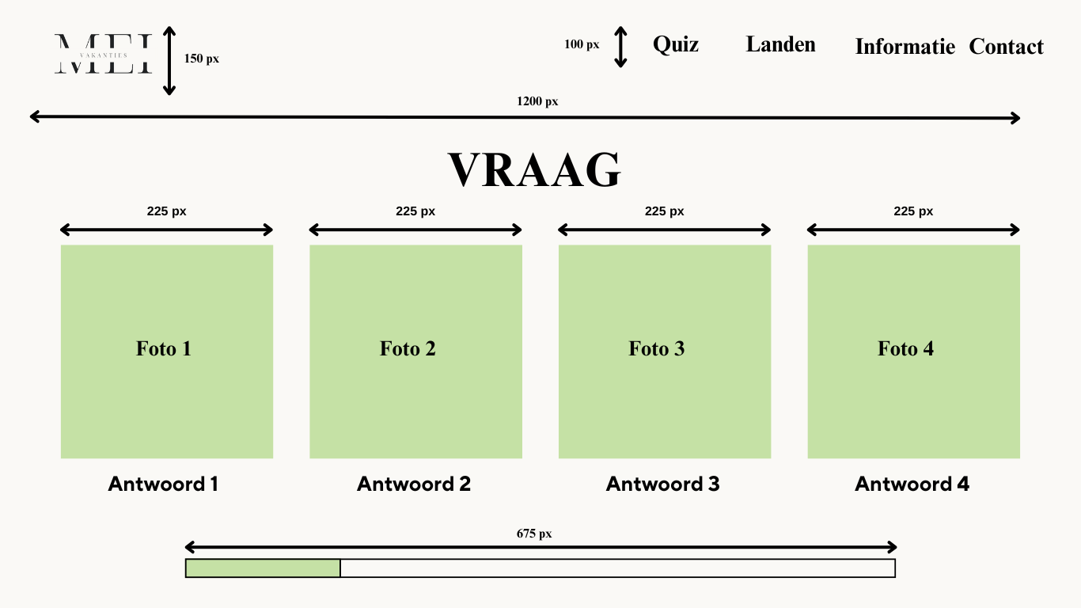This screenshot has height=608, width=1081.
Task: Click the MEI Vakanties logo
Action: pyautogui.click(x=103, y=55)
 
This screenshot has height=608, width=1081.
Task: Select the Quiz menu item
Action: pyautogui.click(x=675, y=44)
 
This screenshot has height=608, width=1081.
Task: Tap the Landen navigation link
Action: pyautogui.click(x=780, y=44)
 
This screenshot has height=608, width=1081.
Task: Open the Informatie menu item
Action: pyautogui.click(x=905, y=47)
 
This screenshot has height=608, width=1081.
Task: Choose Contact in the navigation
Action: pyautogui.click(x=1006, y=47)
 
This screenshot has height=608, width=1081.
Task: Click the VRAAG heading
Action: pyautogui.click(x=535, y=170)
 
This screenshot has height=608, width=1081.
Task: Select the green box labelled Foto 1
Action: pyautogui.click(x=167, y=351)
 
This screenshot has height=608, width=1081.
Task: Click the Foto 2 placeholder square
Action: pyautogui.click(x=415, y=351)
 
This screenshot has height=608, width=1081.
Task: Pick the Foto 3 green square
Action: pyautogui.click(x=665, y=351)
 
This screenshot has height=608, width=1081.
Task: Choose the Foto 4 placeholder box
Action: pyautogui.click(x=913, y=351)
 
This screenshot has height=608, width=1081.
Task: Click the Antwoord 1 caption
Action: pyautogui.click(x=163, y=484)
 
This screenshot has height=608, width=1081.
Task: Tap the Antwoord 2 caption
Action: pyautogui.click(x=414, y=484)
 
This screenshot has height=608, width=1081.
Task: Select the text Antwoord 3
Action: pyautogui.click(x=663, y=484)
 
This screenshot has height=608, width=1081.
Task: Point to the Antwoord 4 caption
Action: pyautogui.click(x=912, y=484)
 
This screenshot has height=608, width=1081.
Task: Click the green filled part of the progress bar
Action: pyautogui.click(x=263, y=568)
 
